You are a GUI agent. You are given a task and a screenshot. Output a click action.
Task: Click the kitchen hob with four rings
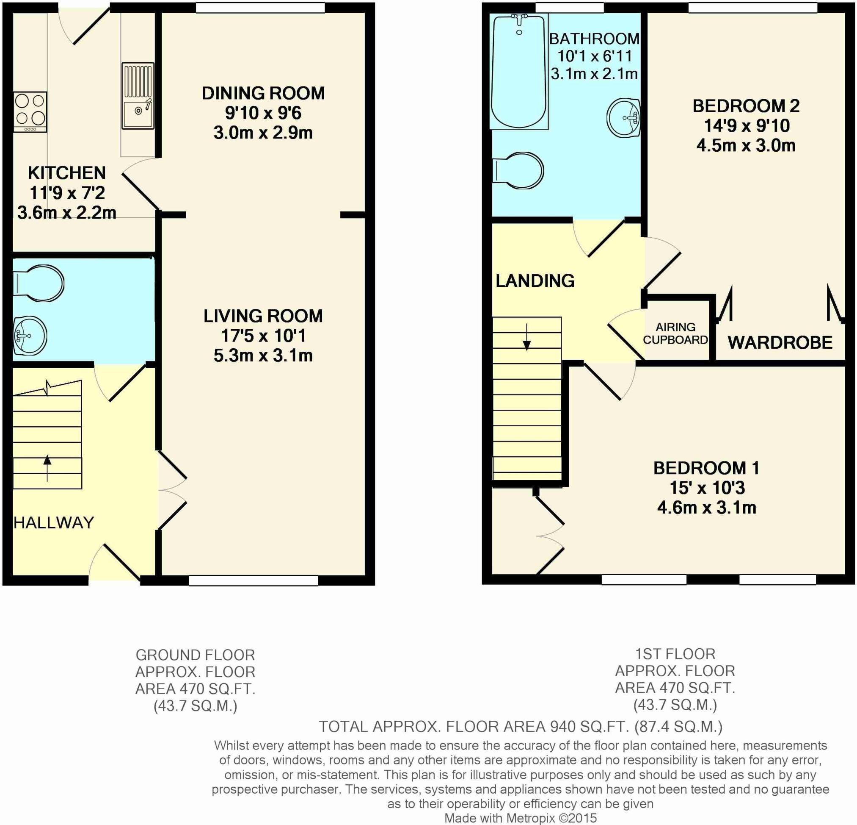pos(30,111)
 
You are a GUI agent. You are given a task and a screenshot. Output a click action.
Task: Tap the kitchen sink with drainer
pos(138,96)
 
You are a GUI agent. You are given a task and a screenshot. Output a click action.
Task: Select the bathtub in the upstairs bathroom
pos(519,71)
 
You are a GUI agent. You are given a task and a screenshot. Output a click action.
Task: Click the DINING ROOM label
pos(263,93)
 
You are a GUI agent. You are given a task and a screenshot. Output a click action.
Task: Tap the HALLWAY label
pos(54,522)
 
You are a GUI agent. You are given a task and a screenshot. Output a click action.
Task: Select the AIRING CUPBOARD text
pos(675,333)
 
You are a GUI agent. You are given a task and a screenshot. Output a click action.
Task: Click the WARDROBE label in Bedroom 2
pos(780,342)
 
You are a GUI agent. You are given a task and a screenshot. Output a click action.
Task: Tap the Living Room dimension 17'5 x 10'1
pos(263,336)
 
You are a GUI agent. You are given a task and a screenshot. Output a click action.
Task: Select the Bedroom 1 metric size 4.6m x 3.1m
pos(707,507)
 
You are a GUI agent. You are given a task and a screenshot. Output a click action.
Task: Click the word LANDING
pos(535,281)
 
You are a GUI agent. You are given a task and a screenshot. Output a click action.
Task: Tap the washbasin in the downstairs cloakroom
pos(30,336)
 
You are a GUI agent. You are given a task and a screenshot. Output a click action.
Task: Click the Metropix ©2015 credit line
pos(520,818)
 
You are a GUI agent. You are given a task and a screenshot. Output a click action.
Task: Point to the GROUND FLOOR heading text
pos(195,655)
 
